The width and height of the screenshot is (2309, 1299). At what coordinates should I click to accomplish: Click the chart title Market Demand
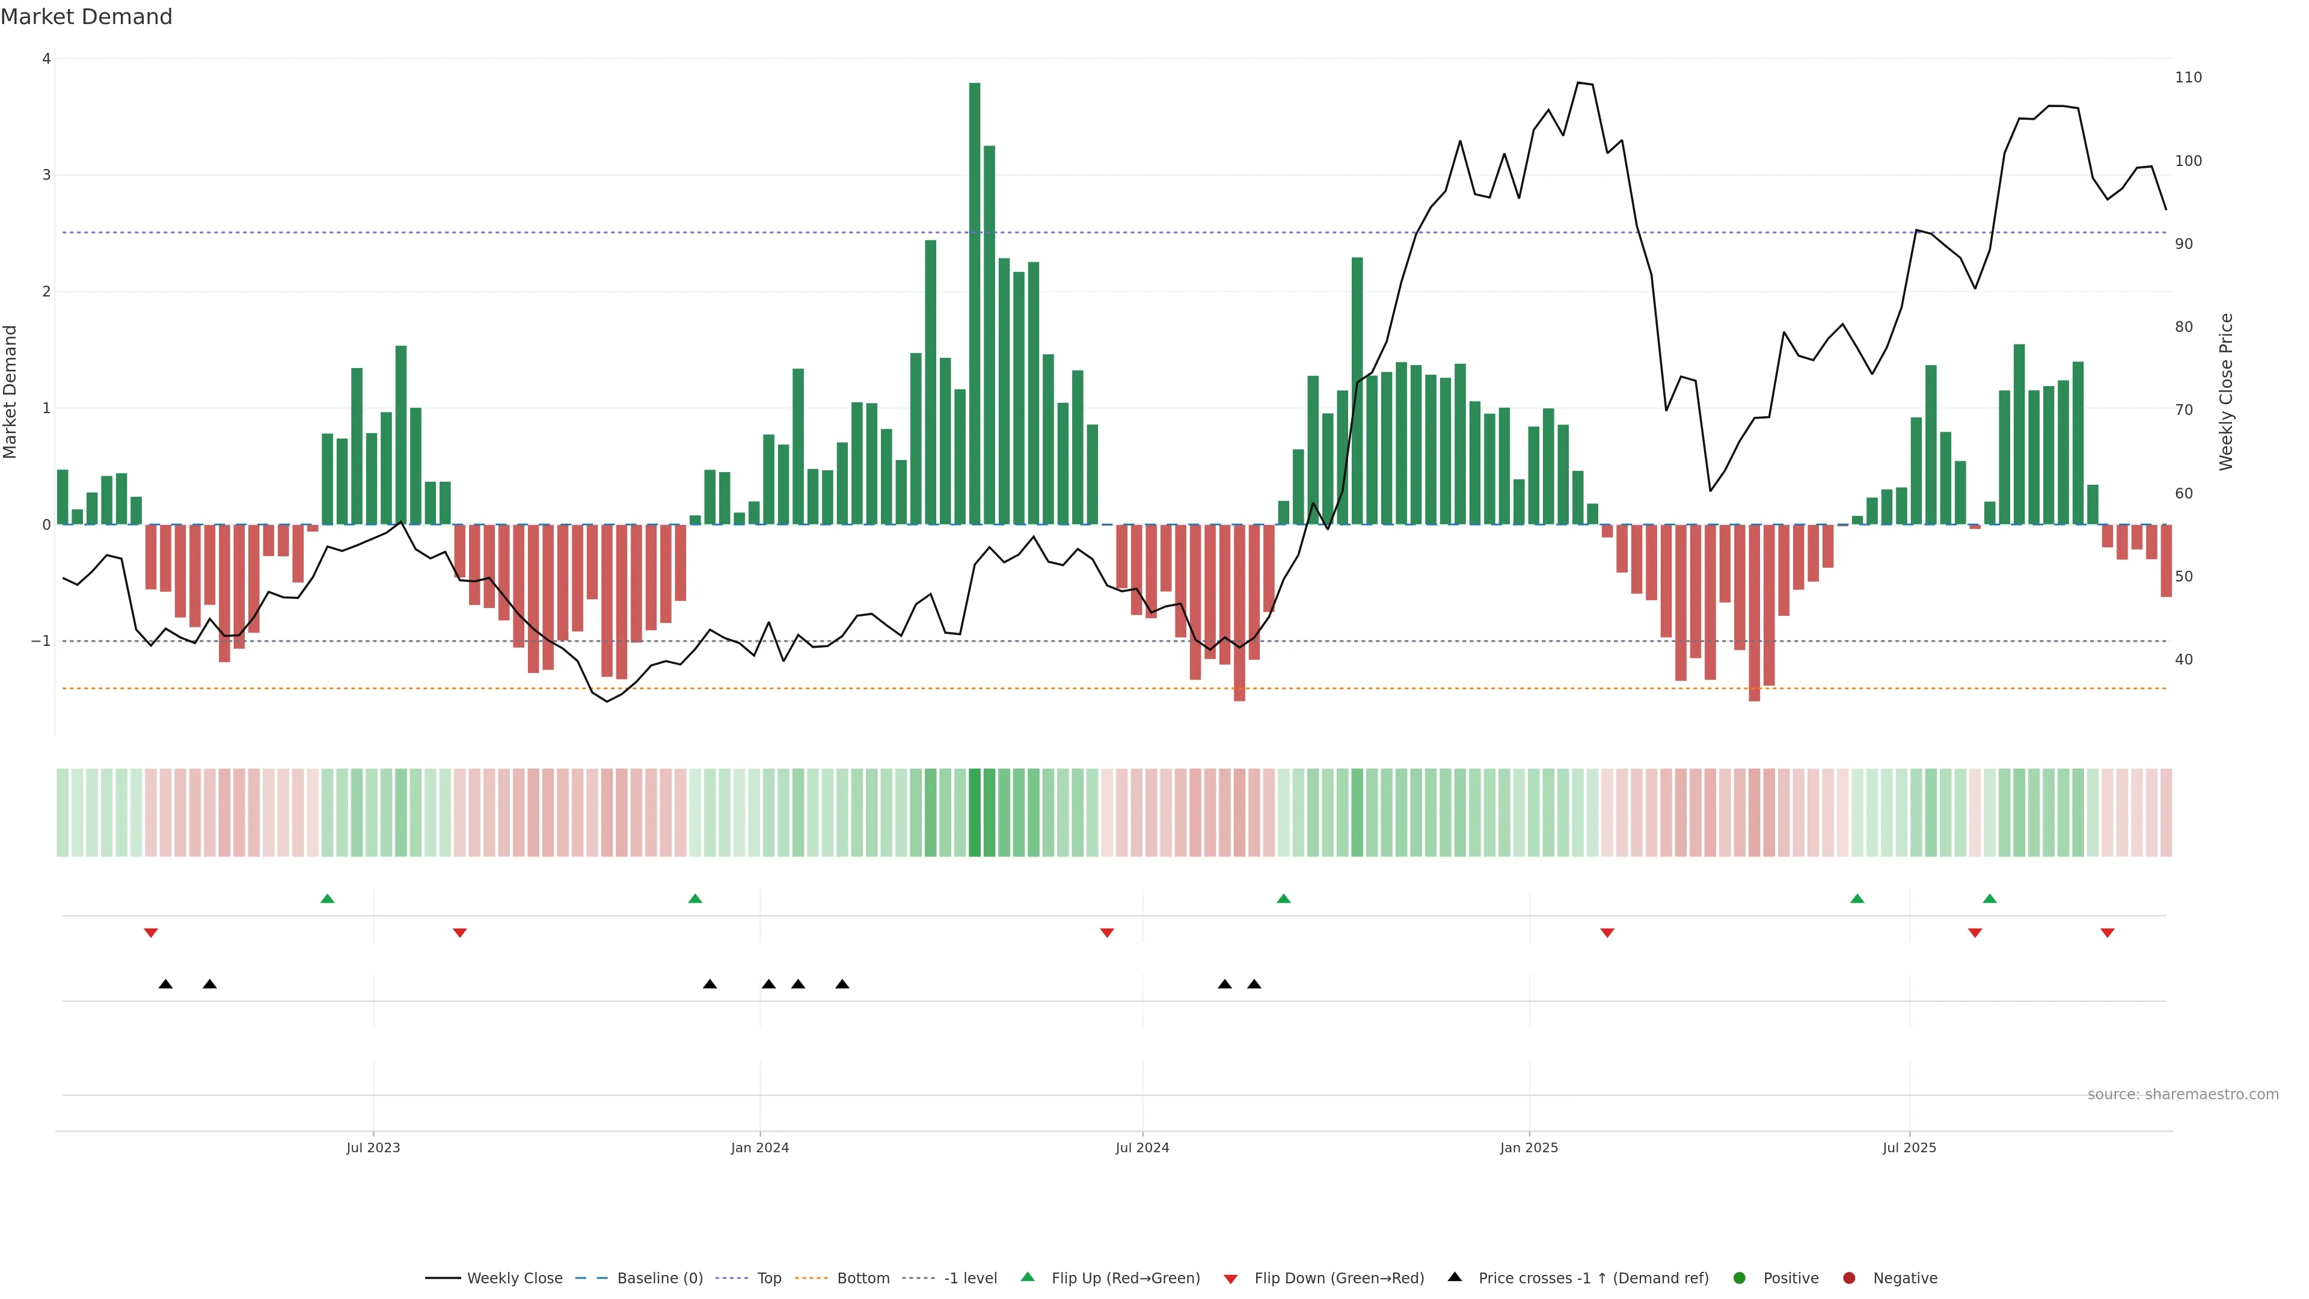[x=86, y=17]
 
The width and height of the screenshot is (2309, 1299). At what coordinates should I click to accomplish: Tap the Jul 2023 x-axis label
[x=373, y=1147]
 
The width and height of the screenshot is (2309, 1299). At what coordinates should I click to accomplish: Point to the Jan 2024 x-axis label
[x=759, y=1147]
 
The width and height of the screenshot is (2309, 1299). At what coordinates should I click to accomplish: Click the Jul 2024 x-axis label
[x=1142, y=1147]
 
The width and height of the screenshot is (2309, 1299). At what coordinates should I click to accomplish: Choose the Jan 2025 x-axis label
[x=1529, y=1147]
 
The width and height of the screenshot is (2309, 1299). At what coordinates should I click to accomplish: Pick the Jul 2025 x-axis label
[x=1909, y=1147]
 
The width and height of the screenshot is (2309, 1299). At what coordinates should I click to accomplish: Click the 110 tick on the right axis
[x=2188, y=78]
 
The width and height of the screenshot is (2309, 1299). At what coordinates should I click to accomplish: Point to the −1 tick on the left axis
[x=41, y=641]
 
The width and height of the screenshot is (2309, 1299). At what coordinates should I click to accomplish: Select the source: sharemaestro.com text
[x=2183, y=1095]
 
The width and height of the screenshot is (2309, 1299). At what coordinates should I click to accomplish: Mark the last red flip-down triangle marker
[x=2108, y=933]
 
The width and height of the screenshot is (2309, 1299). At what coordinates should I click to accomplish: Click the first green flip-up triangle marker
[x=327, y=898]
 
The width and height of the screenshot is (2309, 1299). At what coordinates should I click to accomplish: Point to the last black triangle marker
[x=1254, y=984]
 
